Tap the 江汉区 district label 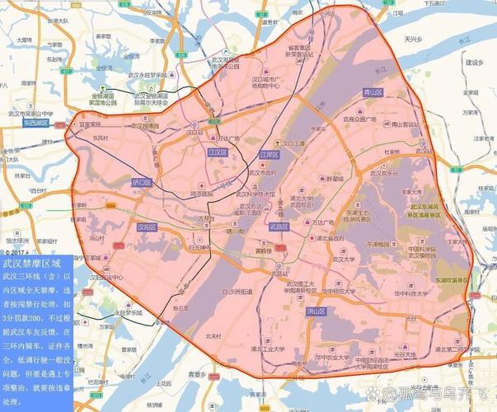218,152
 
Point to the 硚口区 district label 142,182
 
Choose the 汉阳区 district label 148,226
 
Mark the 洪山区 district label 314,312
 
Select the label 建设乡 473,63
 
